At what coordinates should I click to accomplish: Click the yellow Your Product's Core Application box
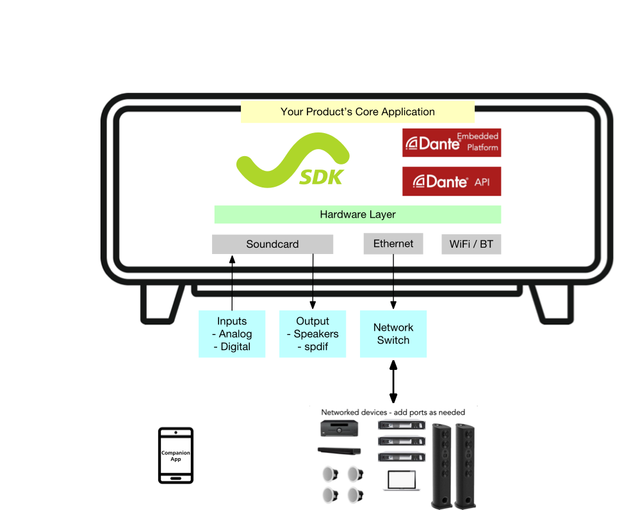357,112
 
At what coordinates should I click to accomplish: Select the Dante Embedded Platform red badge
452,143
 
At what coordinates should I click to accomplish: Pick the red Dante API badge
452,181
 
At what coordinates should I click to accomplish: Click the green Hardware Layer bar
357,214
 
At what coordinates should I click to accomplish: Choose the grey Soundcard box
273,244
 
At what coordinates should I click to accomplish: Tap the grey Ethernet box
393,244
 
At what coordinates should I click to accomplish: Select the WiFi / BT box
471,244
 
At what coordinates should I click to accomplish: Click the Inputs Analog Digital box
232,334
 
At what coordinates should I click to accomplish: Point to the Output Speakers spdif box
313,334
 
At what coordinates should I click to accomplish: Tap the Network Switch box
393,334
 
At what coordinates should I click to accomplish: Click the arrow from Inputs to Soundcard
232,283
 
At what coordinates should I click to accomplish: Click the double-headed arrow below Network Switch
393,381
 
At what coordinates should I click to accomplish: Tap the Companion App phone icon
176,456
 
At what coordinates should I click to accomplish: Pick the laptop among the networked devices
402,481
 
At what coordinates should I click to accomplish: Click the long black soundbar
339,450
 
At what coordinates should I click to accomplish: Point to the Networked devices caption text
393,413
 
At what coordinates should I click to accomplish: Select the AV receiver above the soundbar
339,429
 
